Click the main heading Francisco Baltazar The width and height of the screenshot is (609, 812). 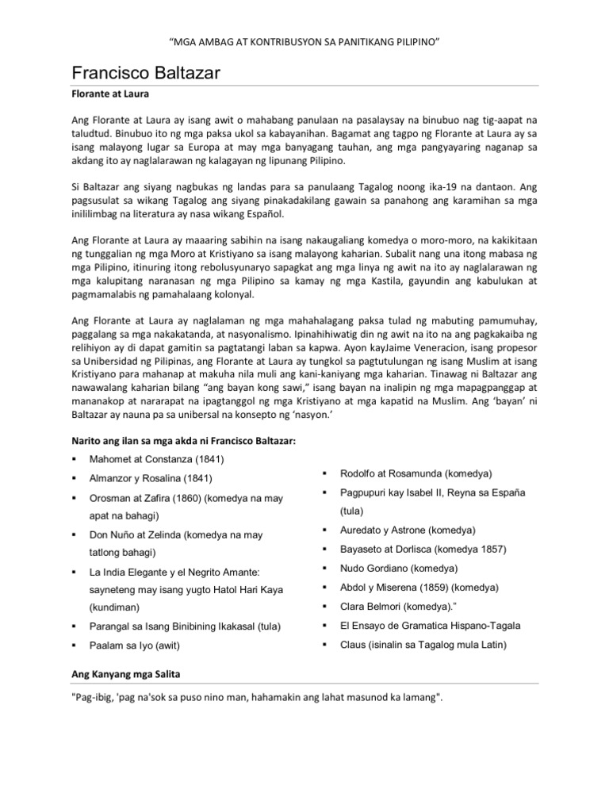[146, 74]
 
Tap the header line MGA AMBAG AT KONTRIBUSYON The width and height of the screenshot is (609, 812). [304, 40]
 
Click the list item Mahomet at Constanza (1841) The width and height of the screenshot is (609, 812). [156, 459]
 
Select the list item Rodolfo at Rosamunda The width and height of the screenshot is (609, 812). [405, 473]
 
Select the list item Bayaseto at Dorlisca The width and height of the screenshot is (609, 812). [423, 549]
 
